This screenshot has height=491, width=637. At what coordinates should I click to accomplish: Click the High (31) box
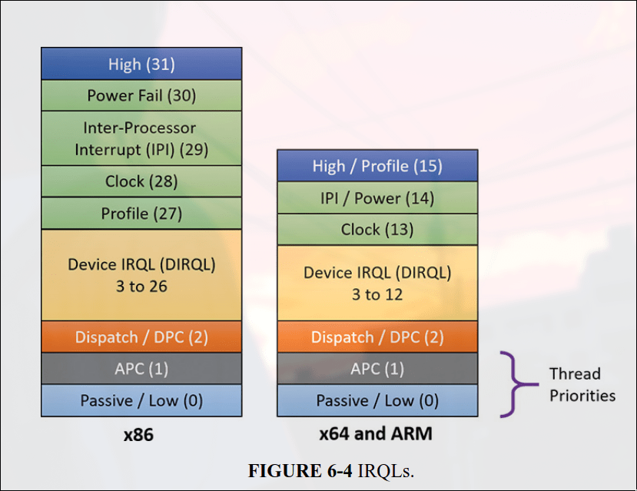(141, 64)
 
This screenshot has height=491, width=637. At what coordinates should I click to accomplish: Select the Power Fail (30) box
(141, 95)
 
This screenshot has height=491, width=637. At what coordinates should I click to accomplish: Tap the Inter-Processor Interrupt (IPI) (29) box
(141, 138)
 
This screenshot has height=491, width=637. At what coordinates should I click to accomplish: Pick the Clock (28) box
(141, 181)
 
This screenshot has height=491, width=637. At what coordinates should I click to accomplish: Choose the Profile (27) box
(141, 213)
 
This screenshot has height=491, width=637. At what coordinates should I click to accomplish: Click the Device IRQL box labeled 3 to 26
(141, 274)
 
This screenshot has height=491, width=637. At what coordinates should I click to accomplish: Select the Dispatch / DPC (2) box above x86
(141, 337)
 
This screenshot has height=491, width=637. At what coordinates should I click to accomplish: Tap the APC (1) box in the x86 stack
(141, 369)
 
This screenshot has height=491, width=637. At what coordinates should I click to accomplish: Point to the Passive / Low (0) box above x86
(141, 400)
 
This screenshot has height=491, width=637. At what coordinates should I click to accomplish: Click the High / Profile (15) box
(377, 166)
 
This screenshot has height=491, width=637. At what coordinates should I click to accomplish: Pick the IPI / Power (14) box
(377, 197)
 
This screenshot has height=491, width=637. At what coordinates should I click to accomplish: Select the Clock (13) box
(377, 229)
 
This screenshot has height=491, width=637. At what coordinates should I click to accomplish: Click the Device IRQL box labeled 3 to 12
(377, 283)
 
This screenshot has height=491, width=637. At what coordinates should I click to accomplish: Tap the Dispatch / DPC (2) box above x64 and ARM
(377, 337)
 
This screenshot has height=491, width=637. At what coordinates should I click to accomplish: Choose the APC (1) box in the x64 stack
(377, 369)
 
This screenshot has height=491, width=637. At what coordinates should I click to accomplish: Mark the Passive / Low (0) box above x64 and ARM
(377, 400)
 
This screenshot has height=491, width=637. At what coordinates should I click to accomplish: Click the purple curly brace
(513, 384)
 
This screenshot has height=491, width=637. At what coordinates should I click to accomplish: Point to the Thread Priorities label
(582, 384)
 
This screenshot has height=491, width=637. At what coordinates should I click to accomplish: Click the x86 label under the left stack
(138, 434)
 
